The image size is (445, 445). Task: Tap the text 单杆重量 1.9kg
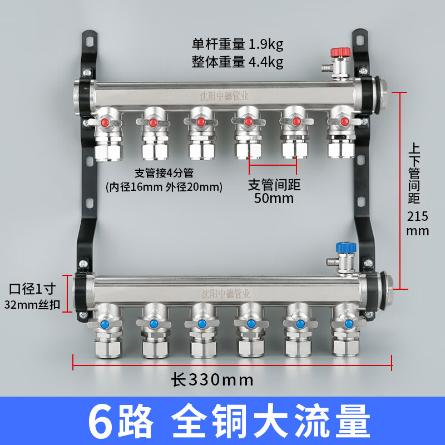click(238, 43)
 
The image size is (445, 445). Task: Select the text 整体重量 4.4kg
click(238, 62)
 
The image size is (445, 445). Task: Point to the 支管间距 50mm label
click(273, 190)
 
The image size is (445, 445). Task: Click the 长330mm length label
click(212, 380)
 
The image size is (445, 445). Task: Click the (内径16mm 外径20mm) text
click(164, 187)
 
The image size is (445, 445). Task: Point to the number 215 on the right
click(418, 216)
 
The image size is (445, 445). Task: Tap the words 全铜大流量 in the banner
click(271, 421)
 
